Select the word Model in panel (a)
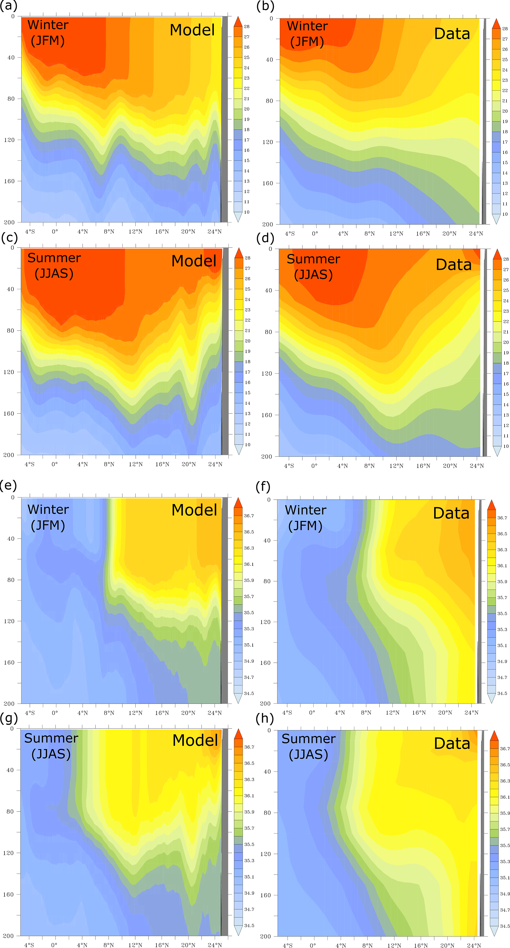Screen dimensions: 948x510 click(192, 30)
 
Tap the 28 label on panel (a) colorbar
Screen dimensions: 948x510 click(246, 27)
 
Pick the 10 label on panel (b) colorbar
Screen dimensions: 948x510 click(505, 214)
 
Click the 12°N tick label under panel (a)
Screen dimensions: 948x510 click(135, 232)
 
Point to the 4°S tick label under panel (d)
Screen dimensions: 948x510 click(289, 466)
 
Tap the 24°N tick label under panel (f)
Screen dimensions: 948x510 click(471, 712)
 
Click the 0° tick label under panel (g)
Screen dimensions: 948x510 click(54, 945)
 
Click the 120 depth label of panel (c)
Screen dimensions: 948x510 click(9, 372)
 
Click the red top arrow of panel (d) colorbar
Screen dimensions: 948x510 click(497, 254)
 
